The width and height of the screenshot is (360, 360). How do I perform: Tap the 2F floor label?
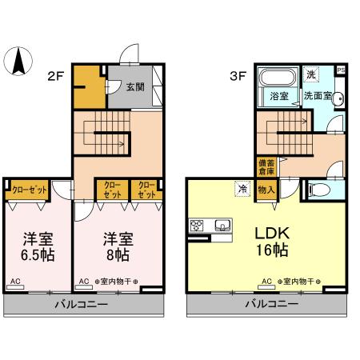54,77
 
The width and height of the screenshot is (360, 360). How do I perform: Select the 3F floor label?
237,77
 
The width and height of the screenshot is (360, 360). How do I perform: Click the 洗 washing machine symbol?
311,74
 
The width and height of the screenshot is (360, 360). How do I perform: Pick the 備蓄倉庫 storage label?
263,168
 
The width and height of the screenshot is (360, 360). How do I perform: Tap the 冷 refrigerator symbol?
241,189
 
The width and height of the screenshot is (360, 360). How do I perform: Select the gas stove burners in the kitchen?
198,224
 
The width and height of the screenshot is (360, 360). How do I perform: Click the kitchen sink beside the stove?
222,224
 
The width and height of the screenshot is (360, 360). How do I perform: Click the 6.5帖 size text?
38,257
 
